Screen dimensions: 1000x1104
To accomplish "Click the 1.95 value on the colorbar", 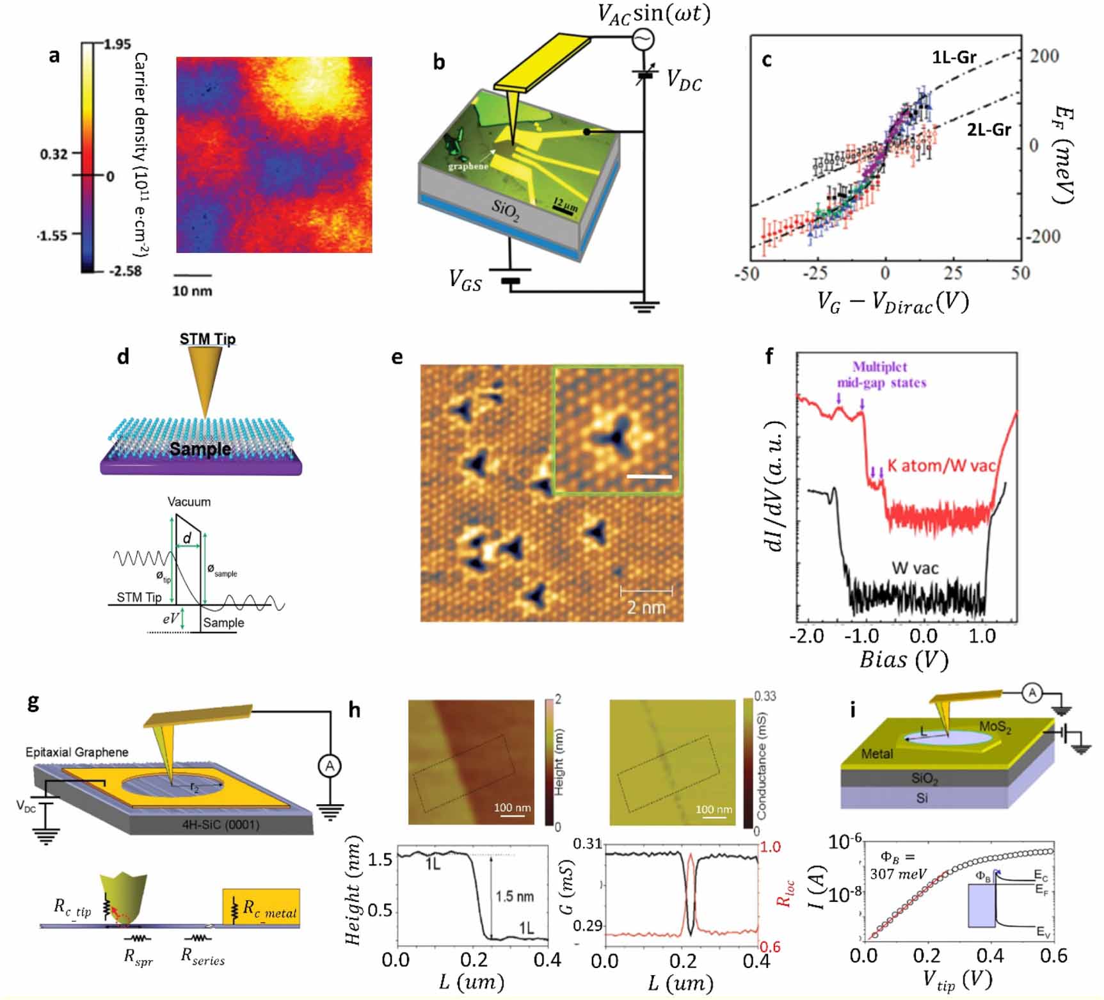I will (x=116, y=44).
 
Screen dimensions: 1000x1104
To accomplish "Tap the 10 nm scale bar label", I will (x=191, y=291).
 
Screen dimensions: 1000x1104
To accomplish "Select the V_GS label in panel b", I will (x=465, y=280).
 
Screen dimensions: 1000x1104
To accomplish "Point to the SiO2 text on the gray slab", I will (x=505, y=210).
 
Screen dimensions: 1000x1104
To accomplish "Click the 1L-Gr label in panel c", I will (x=954, y=58).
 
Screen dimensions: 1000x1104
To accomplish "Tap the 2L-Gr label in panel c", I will (x=988, y=130).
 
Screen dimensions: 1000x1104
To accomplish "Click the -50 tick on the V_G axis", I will (x=746, y=274).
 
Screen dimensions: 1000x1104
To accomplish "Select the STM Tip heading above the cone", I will (x=207, y=339).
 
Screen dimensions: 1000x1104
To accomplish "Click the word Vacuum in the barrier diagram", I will (x=189, y=501).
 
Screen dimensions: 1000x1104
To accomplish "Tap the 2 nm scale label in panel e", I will (x=646, y=607).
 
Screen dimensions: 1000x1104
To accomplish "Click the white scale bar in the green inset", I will (x=649, y=476).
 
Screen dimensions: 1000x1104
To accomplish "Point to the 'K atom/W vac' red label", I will (x=941, y=465).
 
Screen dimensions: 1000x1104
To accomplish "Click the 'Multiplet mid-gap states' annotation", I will (x=881, y=375).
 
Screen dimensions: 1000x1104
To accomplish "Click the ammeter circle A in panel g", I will (x=330, y=766).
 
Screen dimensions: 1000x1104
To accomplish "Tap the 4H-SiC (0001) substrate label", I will (x=221, y=824).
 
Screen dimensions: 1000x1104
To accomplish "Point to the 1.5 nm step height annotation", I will (x=514, y=896).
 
